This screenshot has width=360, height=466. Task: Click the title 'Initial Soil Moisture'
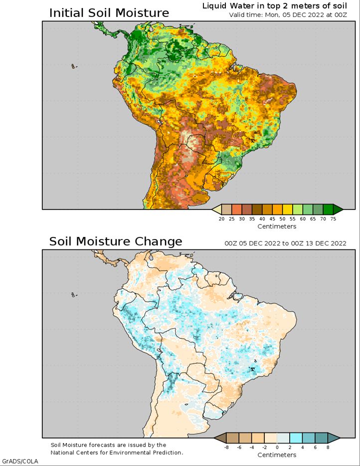click(109, 12)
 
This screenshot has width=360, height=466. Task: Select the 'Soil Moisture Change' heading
click(115, 241)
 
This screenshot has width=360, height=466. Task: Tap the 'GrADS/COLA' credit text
click(20, 461)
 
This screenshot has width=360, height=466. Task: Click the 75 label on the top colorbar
click(333, 219)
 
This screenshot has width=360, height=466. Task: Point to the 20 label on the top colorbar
click(221, 219)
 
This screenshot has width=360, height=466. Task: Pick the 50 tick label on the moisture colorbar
click(282, 219)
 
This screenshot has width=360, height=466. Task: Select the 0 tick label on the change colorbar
click(277, 448)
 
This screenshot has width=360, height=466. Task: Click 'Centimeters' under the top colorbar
click(277, 227)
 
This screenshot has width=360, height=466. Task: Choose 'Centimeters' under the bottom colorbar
click(277, 455)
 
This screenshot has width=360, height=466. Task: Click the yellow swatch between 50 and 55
click(288, 210)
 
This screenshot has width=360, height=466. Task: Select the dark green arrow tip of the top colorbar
click(338, 210)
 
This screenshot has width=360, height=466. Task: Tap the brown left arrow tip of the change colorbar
click(217, 438)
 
